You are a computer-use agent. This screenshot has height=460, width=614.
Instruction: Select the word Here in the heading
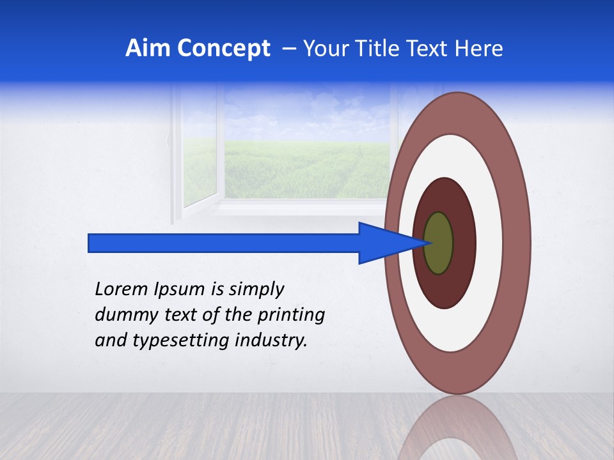tap(479, 49)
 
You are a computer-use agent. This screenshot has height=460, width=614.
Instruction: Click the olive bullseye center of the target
tap(439, 243)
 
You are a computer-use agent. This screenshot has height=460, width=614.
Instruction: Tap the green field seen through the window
tap(307, 169)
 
